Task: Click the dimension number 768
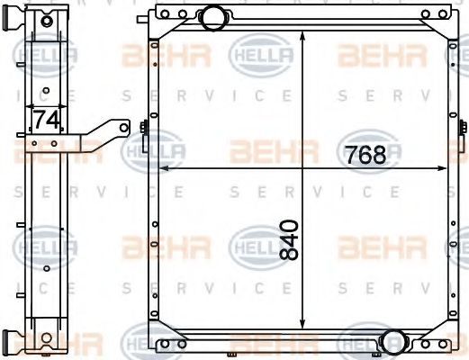tap(365, 155)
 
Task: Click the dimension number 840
tap(289, 239)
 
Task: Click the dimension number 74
tap(46, 120)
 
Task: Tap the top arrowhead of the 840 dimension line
tap(302, 35)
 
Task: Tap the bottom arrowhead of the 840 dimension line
tap(302, 324)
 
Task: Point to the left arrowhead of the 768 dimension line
tap(163, 169)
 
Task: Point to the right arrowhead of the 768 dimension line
tap(442, 168)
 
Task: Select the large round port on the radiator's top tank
tap(213, 18)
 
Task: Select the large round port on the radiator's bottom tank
tap(394, 341)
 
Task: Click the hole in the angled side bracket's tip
tap(124, 128)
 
